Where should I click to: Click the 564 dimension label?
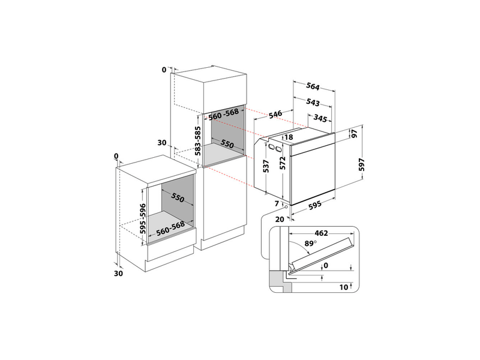[x=313, y=85]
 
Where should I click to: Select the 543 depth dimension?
[x=313, y=103]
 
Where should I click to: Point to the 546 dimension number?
[x=276, y=114]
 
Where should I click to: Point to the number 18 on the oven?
[x=289, y=137]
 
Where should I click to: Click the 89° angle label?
[x=310, y=244]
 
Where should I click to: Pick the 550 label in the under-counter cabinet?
[x=177, y=197]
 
